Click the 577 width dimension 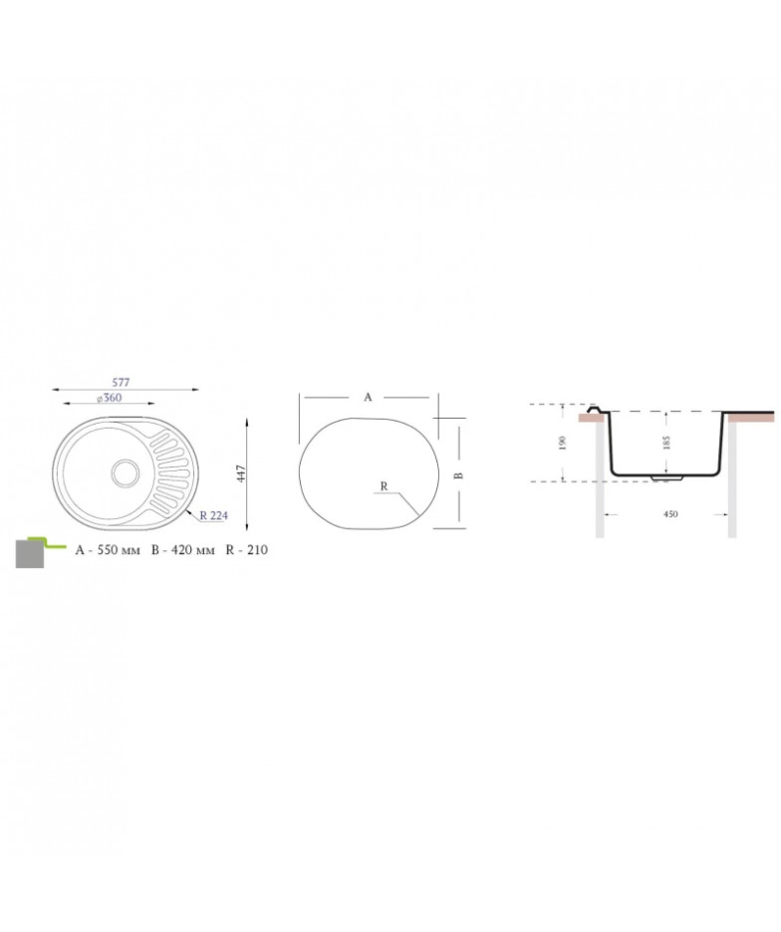pos(121,382)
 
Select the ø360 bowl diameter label pos(110,398)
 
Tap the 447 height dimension pos(240,473)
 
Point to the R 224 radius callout pos(213,515)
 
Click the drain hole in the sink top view pos(126,472)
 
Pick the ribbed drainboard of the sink pos(170,472)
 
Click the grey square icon pos(30,553)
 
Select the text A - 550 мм pos(108,550)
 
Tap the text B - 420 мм pos(182,550)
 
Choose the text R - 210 pos(246,550)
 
